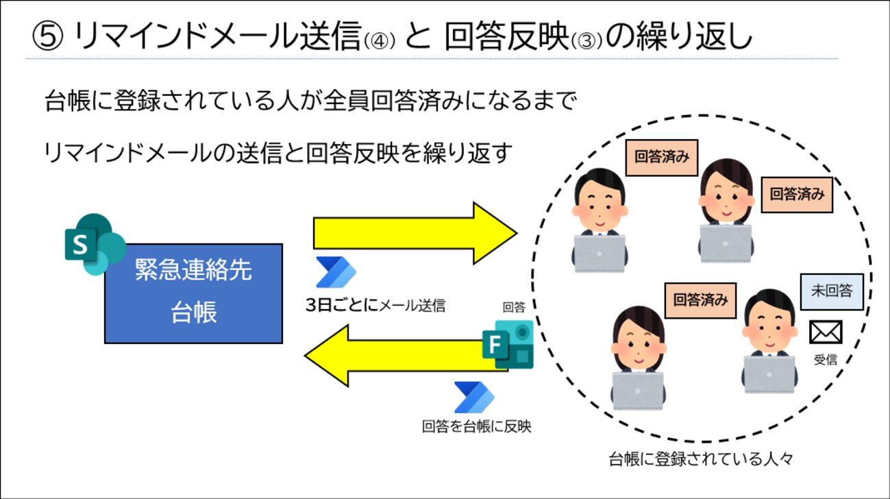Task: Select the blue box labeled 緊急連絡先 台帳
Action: click(x=193, y=293)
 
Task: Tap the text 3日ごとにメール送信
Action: click(x=375, y=305)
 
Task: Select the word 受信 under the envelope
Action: click(x=825, y=359)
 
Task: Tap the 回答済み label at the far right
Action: click(x=796, y=194)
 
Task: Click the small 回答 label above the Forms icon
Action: click(x=514, y=306)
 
